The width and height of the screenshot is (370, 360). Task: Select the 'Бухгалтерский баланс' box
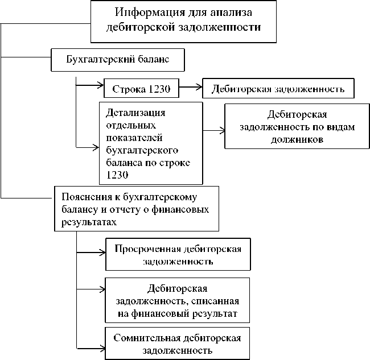(x=118, y=59)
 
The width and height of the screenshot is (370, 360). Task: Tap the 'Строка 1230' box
(x=142, y=88)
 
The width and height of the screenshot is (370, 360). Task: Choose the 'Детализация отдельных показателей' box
(x=151, y=143)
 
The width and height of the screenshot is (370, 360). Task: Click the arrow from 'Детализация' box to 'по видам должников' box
(x=213, y=130)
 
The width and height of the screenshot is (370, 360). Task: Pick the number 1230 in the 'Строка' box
(x=162, y=89)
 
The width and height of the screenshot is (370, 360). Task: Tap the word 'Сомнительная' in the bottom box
(x=144, y=337)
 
